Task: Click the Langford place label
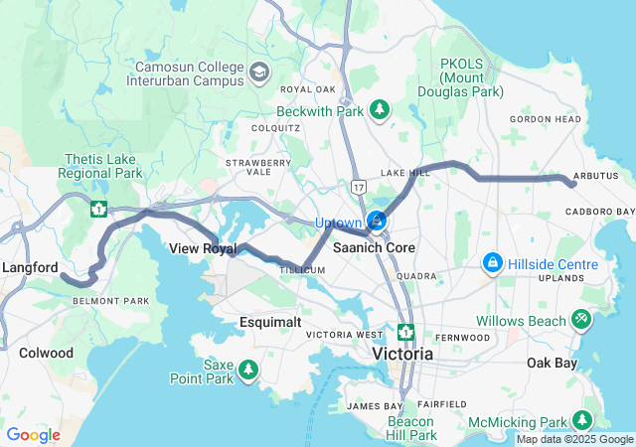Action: pos(30,267)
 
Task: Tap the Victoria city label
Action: pos(402,354)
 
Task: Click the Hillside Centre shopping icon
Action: pos(491,263)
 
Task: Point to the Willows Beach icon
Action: pos(581,320)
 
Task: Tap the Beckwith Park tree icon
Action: pos(379,110)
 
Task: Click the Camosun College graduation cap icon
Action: pos(259,73)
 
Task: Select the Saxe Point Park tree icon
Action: pos(247,372)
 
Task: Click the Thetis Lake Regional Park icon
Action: pos(98,209)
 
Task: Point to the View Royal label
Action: pos(203,248)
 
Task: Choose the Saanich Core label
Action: pos(374,246)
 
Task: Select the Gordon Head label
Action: pos(538,119)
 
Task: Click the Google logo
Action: pos(33,435)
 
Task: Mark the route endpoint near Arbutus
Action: pos(573,184)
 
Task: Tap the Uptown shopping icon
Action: pos(377,221)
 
